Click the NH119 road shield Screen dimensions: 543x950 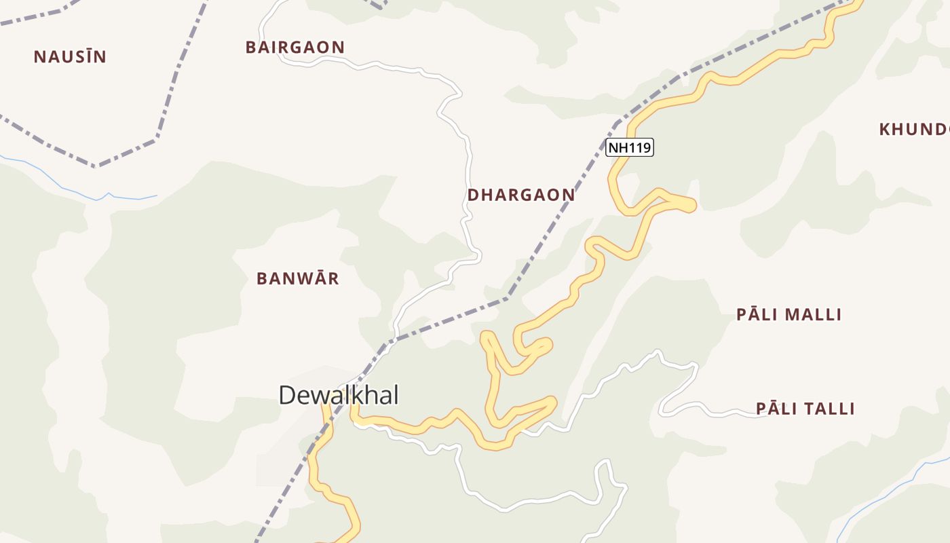[x=630, y=147]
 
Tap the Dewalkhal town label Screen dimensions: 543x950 [x=339, y=395]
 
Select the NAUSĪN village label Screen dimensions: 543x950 [x=70, y=57]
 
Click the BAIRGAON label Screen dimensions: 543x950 [x=295, y=48]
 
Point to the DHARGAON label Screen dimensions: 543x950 [x=521, y=195]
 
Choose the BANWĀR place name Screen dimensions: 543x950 [x=298, y=279]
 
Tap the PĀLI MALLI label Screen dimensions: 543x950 [x=788, y=315]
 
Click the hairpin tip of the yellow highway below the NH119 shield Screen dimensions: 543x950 [x=690, y=204]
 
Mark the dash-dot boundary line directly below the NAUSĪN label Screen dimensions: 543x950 [x=98, y=165]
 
